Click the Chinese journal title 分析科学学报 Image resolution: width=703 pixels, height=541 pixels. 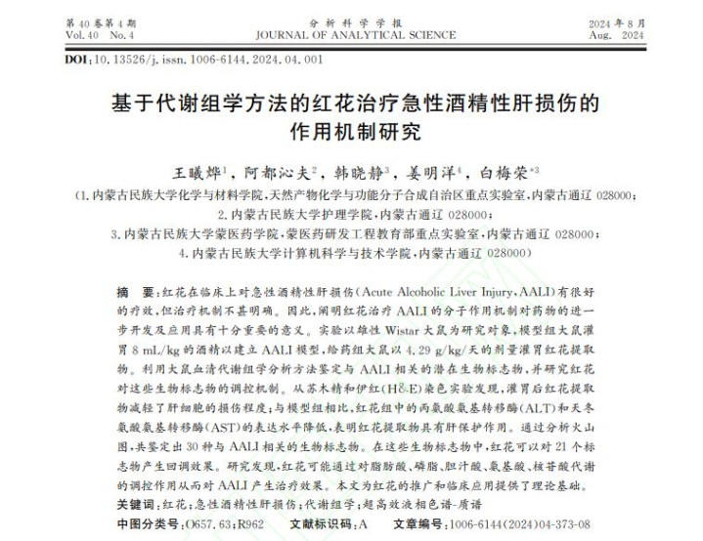click(351, 21)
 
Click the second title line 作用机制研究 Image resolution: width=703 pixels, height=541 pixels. click(352, 130)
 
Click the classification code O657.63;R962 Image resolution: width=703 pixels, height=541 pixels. click(212, 523)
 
